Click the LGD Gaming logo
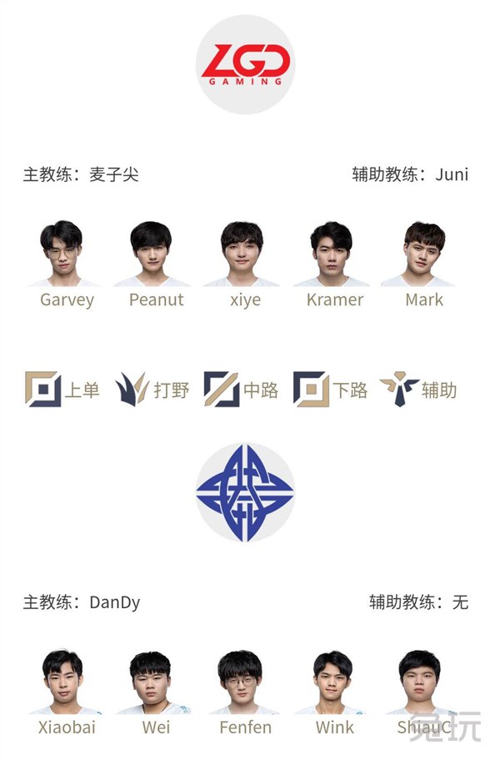245,64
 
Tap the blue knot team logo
245,492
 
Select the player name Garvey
67,300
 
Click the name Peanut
157,299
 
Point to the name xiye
245,300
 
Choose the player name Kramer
335,299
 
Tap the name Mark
424,299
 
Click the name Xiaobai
67,727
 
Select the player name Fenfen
245,727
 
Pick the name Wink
335,727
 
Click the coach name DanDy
115,602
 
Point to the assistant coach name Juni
452,174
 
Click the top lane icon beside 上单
43,390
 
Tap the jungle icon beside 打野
132,390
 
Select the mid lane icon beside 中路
222,390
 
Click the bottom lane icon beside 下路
311,390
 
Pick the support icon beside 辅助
399,390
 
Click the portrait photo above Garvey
62,254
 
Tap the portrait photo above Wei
152,682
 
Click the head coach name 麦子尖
113,174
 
